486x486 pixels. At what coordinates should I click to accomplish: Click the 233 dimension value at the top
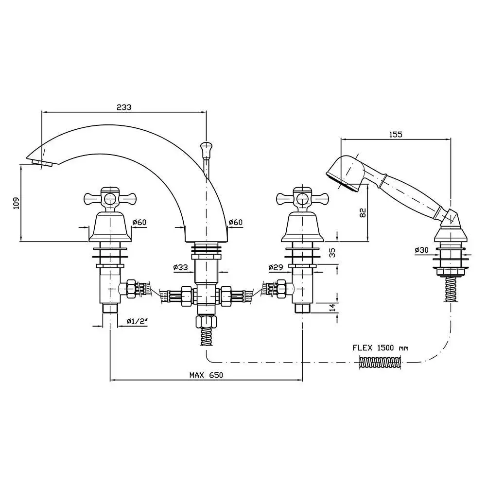124,107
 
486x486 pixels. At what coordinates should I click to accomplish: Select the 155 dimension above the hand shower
396,135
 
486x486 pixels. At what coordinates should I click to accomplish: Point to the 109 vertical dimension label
16,203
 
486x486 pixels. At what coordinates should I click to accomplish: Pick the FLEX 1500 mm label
381,347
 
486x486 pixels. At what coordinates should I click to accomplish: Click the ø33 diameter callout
180,267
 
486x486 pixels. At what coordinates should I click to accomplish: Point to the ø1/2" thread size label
137,321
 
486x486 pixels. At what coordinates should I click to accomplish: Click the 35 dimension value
332,253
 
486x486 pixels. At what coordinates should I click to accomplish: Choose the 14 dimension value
332,307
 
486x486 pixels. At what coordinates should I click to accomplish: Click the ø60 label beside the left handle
139,223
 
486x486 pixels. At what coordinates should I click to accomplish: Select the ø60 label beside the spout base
235,223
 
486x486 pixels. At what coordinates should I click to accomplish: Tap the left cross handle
109,198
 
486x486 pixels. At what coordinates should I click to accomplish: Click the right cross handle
302,198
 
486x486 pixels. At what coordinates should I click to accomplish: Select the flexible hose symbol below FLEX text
381,362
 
